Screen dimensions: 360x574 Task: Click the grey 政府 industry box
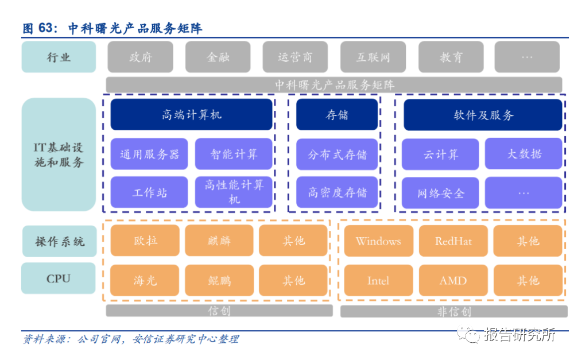141,57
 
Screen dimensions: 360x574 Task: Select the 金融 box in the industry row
218,57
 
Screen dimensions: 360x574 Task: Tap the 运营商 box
295,57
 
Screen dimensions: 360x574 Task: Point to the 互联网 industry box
373,57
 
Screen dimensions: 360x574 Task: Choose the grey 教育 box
451,57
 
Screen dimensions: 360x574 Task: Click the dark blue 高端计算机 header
191,115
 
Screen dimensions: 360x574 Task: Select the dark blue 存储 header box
337,115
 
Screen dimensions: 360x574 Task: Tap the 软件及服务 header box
483,115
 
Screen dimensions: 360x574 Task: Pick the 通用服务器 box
149,154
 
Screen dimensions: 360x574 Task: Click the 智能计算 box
234,154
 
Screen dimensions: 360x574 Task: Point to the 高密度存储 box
337,192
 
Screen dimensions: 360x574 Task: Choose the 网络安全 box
440,193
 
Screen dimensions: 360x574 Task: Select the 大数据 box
523,154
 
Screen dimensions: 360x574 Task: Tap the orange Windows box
378,241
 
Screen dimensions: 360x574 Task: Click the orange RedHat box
453,241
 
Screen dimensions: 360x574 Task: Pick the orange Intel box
378,280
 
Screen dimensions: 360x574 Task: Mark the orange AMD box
453,280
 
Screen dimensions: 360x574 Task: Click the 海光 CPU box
144,280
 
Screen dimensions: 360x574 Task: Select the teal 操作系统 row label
59,241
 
